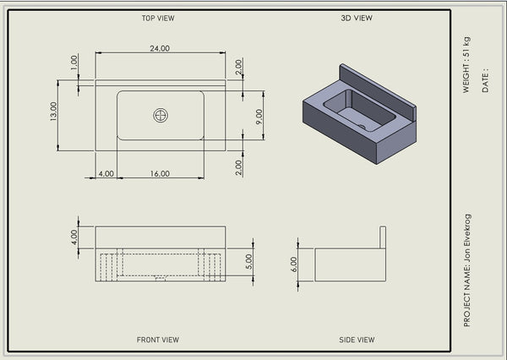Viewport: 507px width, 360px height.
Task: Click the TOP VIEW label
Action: click(x=158, y=18)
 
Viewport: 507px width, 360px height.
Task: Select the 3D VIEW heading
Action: click(x=357, y=18)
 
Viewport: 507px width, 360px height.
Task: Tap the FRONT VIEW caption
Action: click(x=158, y=340)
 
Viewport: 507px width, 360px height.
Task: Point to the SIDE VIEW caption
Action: click(x=357, y=340)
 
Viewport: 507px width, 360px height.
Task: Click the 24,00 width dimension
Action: click(x=160, y=48)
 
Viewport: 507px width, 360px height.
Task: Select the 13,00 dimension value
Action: click(x=54, y=112)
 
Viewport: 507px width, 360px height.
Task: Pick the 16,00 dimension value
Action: click(x=160, y=174)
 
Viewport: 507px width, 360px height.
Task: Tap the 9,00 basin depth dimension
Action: click(x=259, y=117)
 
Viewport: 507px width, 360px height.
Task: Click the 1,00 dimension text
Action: click(x=74, y=63)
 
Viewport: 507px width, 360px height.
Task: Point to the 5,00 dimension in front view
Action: click(x=248, y=262)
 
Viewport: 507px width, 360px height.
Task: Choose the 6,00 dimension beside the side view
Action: click(x=293, y=265)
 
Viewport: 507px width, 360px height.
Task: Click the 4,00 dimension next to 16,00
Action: click(x=106, y=174)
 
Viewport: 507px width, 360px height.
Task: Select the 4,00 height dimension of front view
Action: click(x=74, y=237)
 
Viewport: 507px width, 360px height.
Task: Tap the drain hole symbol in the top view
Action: click(x=161, y=116)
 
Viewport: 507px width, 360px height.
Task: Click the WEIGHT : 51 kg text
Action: click(x=466, y=65)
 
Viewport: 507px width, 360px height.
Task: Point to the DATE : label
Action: click(x=485, y=80)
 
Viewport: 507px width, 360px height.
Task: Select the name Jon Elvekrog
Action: click(x=467, y=238)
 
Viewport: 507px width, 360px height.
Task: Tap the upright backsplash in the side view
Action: click(x=383, y=237)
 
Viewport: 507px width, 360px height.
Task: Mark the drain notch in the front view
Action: click(x=161, y=278)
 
